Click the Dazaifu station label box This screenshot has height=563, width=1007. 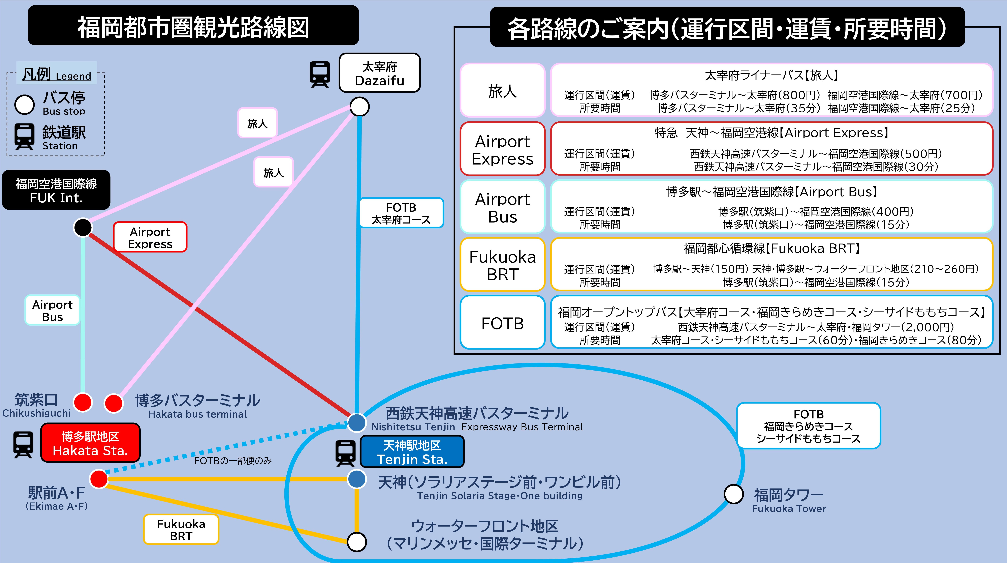[x=379, y=73]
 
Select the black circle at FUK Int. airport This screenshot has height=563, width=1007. [x=83, y=227]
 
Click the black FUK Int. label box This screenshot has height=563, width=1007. [x=56, y=190]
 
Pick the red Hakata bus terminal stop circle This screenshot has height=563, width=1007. [x=114, y=403]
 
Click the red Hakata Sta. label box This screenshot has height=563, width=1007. [x=90, y=443]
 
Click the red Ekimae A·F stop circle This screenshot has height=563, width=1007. [x=99, y=479]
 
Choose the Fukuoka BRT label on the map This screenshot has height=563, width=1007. [x=181, y=529]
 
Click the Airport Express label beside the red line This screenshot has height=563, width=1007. [x=150, y=237]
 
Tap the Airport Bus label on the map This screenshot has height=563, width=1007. [x=52, y=310]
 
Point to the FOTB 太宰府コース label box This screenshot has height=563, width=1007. [x=401, y=213]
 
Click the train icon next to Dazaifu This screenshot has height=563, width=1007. [x=320, y=74]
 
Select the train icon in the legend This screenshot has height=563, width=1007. [x=24, y=137]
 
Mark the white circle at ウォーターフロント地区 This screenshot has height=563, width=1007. [x=356, y=542]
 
